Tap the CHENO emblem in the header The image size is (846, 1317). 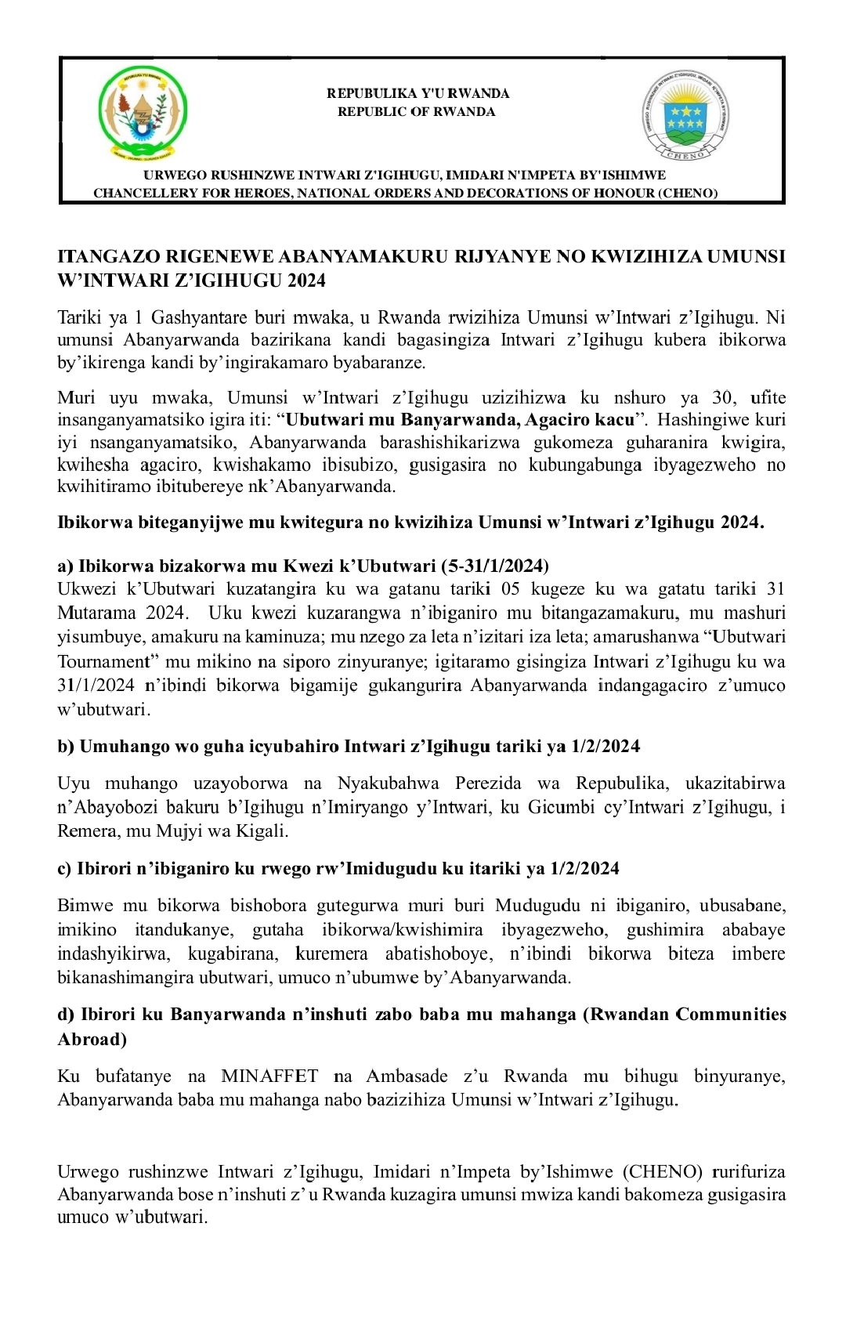click(685, 114)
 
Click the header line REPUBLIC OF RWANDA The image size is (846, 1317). click(416, 112)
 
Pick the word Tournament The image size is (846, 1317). click(106, 662)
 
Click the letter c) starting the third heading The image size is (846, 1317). click(64, 869)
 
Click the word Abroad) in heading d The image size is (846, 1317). click(92, 1039)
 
